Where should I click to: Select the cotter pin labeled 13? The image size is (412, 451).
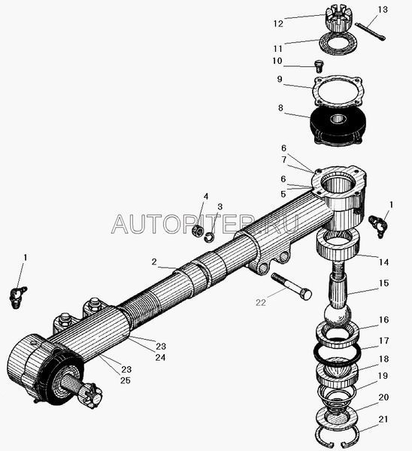tap(370, 32)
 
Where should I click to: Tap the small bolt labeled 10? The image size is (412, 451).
tap(318, 66)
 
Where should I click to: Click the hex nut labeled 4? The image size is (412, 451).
tap(198, 230)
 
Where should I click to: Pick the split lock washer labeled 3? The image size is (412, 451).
tap(210, 238)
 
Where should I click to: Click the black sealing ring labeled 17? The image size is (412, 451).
tap(337, 353)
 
